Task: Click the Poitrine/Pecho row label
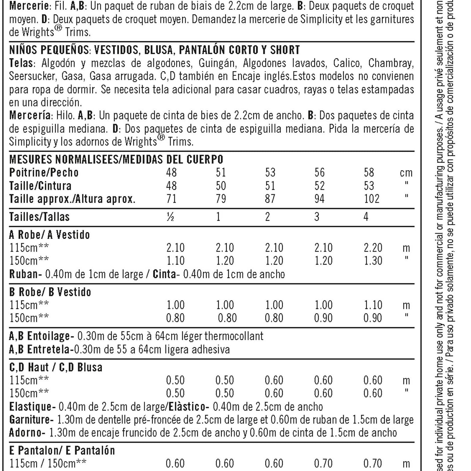pos(44,172)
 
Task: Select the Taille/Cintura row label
pos(40,186)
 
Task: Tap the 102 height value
pos(371,199)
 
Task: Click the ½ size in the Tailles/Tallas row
pos(170,217)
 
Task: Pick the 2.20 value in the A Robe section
pos(373,248)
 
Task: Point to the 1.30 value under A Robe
pos(373,261)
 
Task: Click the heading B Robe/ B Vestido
pos(50,292)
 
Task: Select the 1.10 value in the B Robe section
pos(373,305)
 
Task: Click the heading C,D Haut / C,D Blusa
pos(56,367)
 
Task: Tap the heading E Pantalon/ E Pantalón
pos(62,451)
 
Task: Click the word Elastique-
pos(32,407)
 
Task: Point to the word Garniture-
pos(31,420)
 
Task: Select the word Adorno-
pos(27,433)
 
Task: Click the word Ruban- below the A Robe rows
pos(25,274)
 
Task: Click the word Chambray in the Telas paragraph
pos(391,63)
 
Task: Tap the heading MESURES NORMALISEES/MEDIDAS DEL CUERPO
pos(116,159)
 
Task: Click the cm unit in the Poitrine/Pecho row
pos(406,173)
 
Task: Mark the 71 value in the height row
pos(171,199)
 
